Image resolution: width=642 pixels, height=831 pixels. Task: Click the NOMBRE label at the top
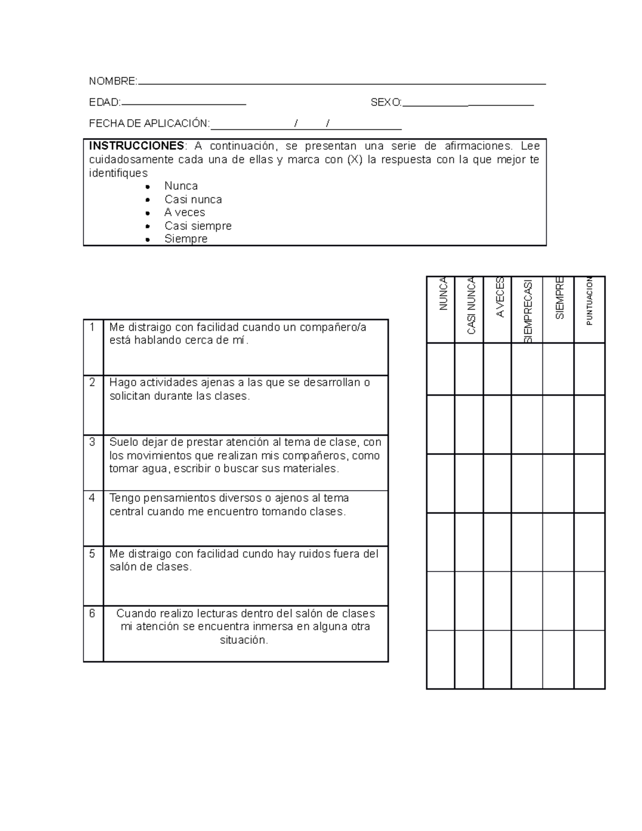tap(113, 81)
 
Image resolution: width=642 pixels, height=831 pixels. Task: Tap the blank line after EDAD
tap(184, 103)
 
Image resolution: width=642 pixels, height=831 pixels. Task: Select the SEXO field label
tap(386, 103)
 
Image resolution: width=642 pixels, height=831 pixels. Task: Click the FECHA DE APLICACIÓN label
tap(149, 124)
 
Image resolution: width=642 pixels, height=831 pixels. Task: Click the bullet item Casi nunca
tap(193, 200)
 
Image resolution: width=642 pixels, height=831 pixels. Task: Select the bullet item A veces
tap(185, 212)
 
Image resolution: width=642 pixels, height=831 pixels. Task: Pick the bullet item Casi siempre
tap(198, 226)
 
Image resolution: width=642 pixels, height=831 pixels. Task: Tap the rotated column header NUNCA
tap(443, 294)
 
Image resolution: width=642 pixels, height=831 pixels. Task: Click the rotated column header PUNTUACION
tap(590, 301)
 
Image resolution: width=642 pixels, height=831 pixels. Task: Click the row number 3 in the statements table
tap(93, 442)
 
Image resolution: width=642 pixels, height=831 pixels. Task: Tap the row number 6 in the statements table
tap(93, 614)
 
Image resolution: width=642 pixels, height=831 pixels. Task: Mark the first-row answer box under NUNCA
tap(441, 369)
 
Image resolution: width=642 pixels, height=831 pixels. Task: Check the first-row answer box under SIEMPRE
tap(558, 369)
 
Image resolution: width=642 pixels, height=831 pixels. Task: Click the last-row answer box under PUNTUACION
tap(590, 660)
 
